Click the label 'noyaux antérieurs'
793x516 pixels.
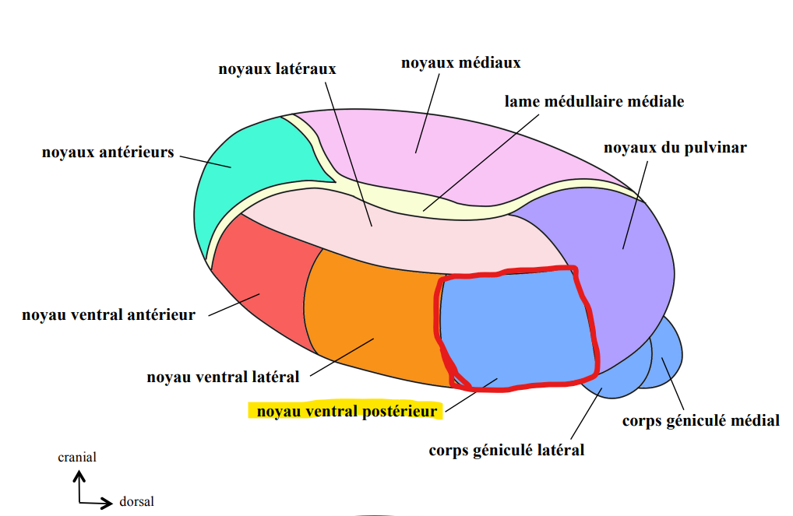point(107,152)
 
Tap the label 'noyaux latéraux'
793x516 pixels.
point(277,69)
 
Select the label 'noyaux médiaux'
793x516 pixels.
point(460,61)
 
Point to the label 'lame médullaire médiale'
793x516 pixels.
point(594,101)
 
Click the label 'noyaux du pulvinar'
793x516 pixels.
point(675,147)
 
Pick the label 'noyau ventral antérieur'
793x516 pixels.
point(108,314)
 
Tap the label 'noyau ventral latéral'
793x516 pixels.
point(223,377)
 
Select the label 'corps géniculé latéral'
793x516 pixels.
point(506,450)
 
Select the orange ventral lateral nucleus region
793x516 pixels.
point(366,319)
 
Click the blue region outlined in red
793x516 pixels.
point(514,327)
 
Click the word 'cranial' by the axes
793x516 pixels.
point(77,458)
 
